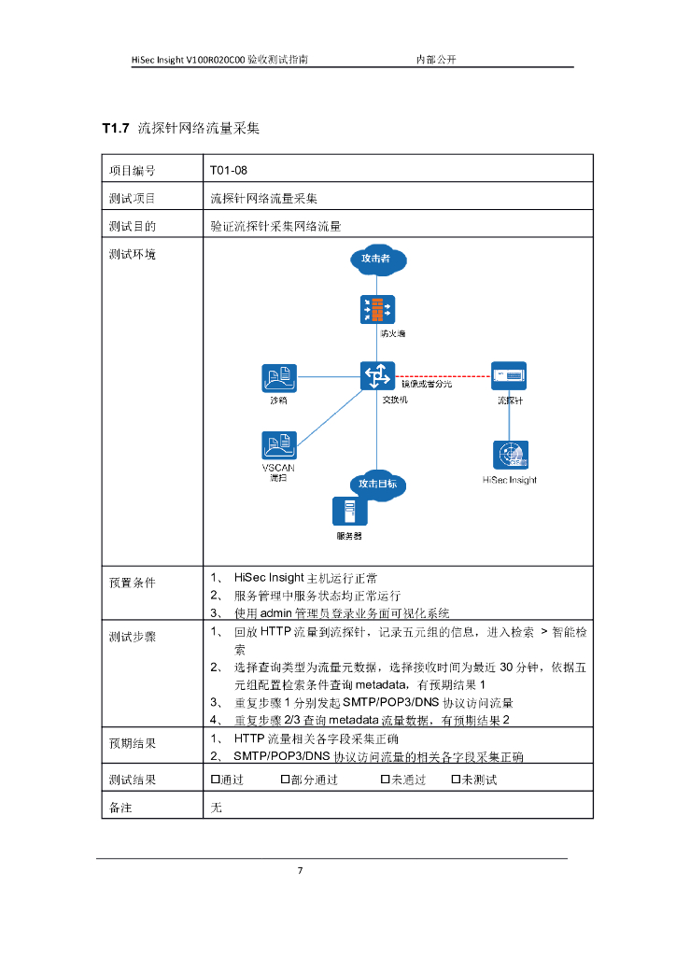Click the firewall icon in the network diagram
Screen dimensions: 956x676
[377, 309]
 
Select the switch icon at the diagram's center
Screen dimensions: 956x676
[377, 376]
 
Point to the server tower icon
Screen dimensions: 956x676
[349, 513]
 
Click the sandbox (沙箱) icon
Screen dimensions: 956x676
[279, 377]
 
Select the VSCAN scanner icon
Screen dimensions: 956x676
[279, 445]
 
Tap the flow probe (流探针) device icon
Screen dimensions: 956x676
[511, 376]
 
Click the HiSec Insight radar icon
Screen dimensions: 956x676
[511, 456]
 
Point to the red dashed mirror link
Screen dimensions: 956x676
[444, 376]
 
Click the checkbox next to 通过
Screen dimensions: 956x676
[215, 780]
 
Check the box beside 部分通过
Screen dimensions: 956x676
[286, 780]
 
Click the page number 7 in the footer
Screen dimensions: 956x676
[300, 871]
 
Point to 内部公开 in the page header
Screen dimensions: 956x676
[435, 59]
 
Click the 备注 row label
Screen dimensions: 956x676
[120, 807]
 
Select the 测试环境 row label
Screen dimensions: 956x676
[132, 254]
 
